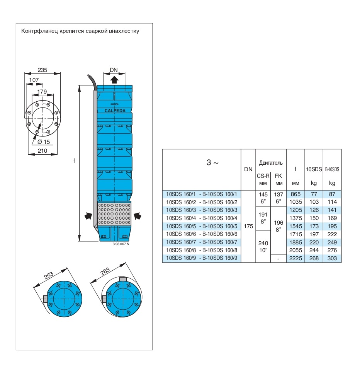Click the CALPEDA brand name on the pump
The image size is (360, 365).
tap(115, 111)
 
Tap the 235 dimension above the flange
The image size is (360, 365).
tap(42, 70)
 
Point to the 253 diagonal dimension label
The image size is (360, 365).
tap(49, 276)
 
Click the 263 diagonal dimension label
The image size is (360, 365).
tap(105, 271)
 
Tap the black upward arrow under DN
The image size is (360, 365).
tap(114, 80)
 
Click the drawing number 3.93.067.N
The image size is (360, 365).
tap(121, 244)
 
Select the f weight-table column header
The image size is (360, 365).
tap(295, 169)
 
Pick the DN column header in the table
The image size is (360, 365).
tap(248, 169)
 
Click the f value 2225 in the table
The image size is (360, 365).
tap(295, 258)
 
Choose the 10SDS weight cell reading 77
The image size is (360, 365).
tap(314, 194)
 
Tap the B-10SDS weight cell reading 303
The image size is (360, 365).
tap(332, 258)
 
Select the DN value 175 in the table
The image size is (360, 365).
tap(248, 226)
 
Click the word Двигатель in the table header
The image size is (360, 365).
tap(271, 163)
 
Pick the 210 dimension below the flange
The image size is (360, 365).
tap(42, 151)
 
